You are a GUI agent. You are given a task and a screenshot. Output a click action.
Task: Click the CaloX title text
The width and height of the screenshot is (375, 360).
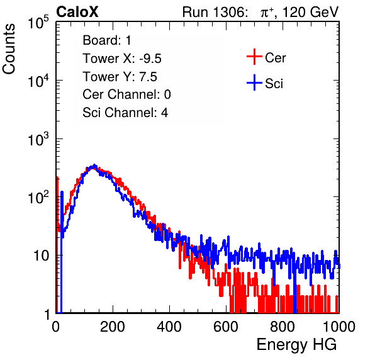pyautogui.click(x=77, y=12)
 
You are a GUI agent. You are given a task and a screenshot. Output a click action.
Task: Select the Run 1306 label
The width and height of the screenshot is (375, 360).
pyautogui.click(x=215, y=12)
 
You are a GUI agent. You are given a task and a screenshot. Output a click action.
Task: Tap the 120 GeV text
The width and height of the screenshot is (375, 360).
pyautogui.click(x=311, y=12)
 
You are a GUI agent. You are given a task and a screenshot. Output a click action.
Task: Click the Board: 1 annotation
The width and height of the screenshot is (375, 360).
pyautogui.click(x=107, y=40)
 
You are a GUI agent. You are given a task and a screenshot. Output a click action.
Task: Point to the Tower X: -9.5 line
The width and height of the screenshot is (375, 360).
pyautogui.click(x=122, y=59)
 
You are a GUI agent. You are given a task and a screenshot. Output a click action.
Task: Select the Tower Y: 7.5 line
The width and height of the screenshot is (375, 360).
pyautogui.click(x=120, y=77)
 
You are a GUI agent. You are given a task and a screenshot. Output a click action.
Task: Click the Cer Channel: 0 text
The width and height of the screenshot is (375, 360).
pyautogui.click(x=126, y=94)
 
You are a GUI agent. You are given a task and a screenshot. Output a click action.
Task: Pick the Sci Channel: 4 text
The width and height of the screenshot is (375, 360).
pyautogui.click(x=125, y=113)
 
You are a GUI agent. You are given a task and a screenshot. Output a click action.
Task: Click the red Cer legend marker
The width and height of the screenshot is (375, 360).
pyautogui.click(x=254, y=57)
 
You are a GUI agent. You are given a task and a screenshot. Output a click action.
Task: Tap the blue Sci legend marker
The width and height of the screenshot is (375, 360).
pyautogui.click(x=254, y=82)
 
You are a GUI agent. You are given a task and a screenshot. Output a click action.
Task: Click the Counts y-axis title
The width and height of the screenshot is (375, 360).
pyautogui.click(x=9, y=49)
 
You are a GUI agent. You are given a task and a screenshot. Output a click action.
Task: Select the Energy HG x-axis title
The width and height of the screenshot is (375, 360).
pyautogui.click(x=296, y=345)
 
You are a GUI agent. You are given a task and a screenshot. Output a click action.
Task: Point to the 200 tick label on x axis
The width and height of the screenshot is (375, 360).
pyautogui.click(x=113, y=327)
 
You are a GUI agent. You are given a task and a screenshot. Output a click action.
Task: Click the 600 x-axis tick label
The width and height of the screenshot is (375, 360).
pyautogui.click(x=226, y=327)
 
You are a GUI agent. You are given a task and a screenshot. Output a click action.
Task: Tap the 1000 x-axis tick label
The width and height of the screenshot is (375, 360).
pyautogui.click(x=339, y=327)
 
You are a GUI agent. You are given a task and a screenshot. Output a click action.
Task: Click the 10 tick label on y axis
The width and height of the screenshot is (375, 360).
pyautogui.click(x=42, y=256)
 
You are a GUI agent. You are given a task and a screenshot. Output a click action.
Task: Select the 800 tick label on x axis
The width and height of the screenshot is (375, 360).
pyautogui.click(x=283, y=327)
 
